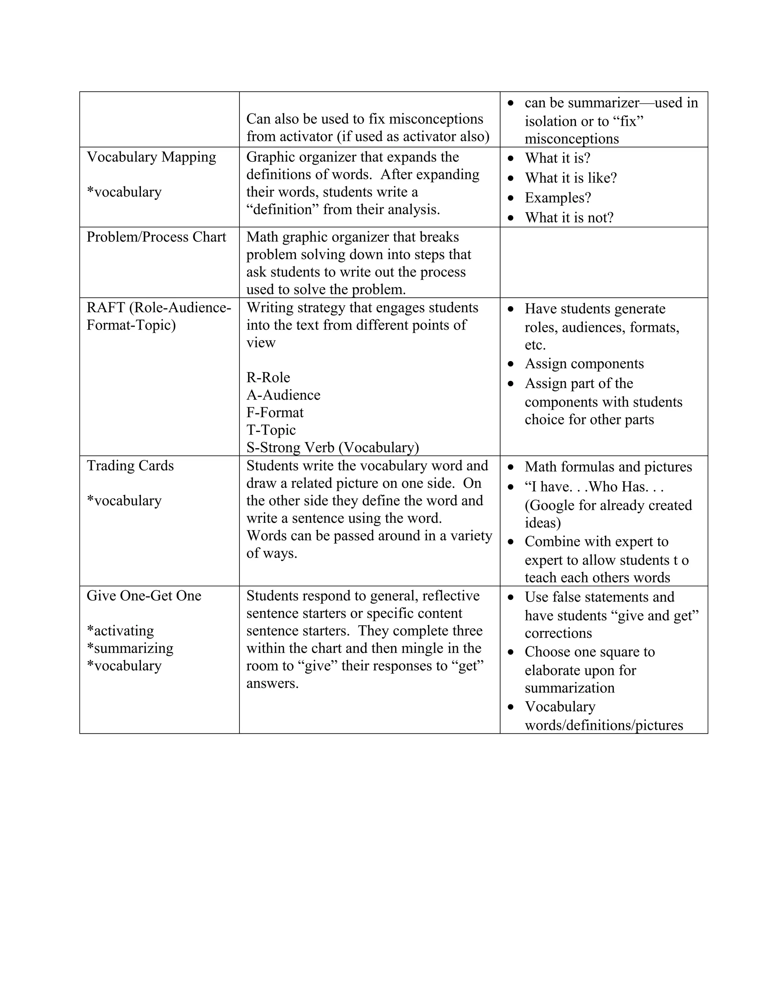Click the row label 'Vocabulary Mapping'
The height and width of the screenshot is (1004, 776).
tap(151, 157)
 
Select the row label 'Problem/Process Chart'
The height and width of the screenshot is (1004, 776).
tap(156, 237)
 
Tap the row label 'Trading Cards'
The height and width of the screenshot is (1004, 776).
tap(130, 466)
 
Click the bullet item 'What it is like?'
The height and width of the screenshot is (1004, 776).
tap(571, 178)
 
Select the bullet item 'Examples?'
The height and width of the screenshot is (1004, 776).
tap(558, 198)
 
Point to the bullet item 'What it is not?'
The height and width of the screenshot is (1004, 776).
tap(569, 217)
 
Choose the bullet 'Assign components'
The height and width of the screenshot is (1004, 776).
tap(584, 364)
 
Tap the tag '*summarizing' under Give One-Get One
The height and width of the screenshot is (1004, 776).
tap(130, 648)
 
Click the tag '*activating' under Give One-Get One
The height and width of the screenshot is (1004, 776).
tap(120, 631)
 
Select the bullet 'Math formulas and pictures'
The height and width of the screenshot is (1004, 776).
tap(608, 467)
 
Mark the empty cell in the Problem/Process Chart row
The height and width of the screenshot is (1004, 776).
tap(603, 263)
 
